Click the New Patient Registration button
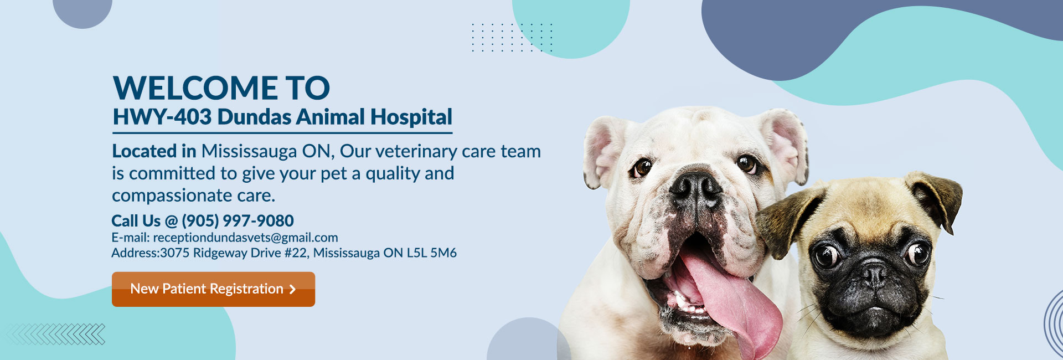[213, 289]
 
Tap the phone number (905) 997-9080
[238, 221]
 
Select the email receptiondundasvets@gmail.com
[245, 238]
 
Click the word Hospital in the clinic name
[411, 117]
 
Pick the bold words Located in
[154, 151]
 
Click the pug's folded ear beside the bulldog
[786, 221]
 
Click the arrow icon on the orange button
[292, 289]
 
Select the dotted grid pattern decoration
[512, 38]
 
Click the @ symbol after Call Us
[171, 222]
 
